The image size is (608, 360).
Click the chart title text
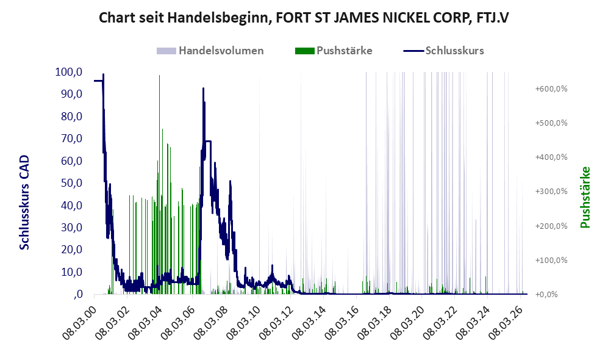pos(304,18)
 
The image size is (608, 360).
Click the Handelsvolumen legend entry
pos(210,51)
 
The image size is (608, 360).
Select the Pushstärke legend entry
pos(334,51)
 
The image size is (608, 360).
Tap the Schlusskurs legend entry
pos(443,51)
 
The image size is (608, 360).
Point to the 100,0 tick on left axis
pos(69,72)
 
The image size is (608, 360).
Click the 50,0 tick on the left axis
pos(72,182)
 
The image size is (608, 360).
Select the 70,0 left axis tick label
pos(72,139)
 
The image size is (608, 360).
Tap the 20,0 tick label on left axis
pos(72,250)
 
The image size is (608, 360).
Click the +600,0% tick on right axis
pos(551,89)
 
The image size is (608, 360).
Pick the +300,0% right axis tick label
pos(551,191)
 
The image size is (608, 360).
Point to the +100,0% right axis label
pos(551,260)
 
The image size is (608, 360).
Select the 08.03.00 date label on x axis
pos(79,323)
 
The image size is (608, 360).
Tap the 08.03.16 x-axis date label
pos(342,323)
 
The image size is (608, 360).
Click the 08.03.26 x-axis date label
pos(506,323)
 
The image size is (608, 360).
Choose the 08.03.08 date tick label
pos(210,323)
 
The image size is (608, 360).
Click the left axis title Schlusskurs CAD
pos(24,203)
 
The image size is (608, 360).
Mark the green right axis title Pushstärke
pos(585,198)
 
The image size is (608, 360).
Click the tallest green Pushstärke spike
pos(159,76)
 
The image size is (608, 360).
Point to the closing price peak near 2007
pos(203,89)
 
